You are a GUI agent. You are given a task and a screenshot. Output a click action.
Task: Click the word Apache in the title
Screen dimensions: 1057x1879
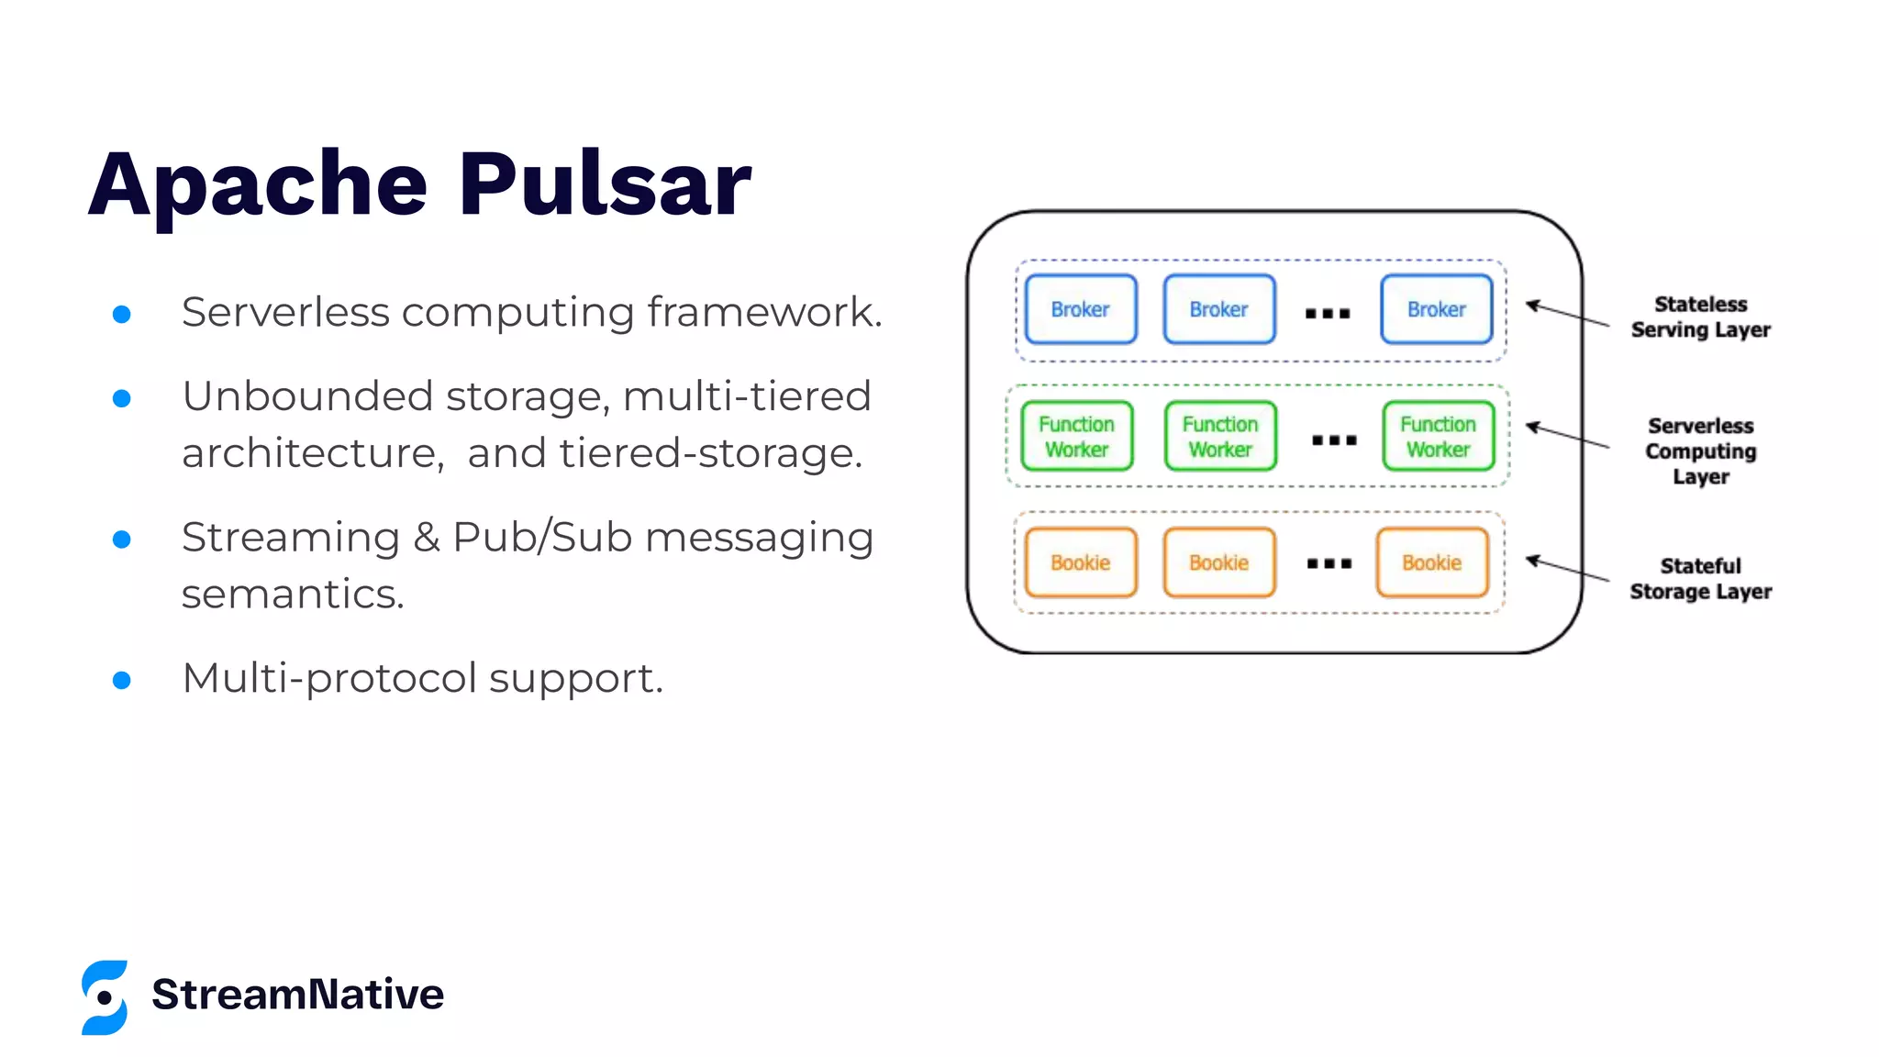tap(258, 186)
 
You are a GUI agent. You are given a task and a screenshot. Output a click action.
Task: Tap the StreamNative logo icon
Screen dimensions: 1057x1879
tap(105, 997)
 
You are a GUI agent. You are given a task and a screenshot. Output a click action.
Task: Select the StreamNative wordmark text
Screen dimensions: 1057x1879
tap(297, 995)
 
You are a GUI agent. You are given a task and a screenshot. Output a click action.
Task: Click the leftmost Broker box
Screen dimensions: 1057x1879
tap(1080, 309)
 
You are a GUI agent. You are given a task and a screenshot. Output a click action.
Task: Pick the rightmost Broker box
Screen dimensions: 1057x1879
tap(1436, 309)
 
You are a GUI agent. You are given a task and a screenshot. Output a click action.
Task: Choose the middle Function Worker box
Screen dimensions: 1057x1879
tap(1219, 437)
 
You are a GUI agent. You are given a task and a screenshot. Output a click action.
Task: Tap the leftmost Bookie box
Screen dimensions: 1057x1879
tap(1080, 562)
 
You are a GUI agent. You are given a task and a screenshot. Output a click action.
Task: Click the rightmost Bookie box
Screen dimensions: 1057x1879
tap(1431, 562)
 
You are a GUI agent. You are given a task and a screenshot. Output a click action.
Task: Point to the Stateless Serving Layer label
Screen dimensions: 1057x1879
tap(1700, 317)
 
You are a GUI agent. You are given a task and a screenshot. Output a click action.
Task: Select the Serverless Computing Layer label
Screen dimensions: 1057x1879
tap(1700, 451)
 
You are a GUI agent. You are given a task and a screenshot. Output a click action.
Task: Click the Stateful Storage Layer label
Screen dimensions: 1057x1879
tap(1700, 578)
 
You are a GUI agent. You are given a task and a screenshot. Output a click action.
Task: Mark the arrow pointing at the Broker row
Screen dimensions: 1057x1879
tap(1567, 314)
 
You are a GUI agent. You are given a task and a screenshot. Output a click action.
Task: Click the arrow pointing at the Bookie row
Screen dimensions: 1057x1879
tap(1567, 569)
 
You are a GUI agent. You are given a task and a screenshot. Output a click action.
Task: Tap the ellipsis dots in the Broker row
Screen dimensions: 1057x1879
tap(1328, 314)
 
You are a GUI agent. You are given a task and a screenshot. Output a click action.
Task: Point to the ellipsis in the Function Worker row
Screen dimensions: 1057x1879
tap(1334, 440)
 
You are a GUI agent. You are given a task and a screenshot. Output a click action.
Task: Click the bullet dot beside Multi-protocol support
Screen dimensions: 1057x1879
tap(121, 680)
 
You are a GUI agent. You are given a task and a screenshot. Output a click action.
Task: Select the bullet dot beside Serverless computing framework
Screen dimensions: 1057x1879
tap(121, 315)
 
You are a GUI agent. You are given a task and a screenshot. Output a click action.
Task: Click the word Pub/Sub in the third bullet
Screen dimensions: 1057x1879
tap(542, 538)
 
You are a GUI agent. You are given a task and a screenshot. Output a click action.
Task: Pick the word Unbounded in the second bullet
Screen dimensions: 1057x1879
tap(306, 396)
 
